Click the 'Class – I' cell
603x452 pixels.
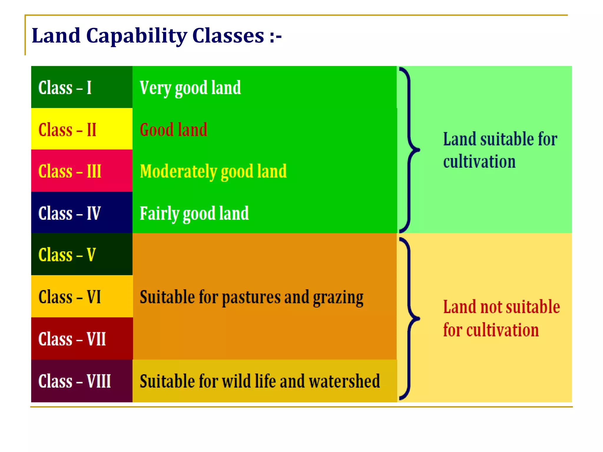tap(82, 87)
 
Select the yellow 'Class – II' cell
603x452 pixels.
tap(82, 129)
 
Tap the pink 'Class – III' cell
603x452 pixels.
tap(82, 171)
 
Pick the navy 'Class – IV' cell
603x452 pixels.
tap(82, 213)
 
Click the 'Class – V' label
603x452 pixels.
tap(67, 255)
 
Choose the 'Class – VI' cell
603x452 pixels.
tap(82, 297)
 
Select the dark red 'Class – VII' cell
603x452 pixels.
tap(82, 339)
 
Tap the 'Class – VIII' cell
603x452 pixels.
tap(82, 381)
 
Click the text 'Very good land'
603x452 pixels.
tap(190, 88)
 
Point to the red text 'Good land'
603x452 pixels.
tap(173, 129)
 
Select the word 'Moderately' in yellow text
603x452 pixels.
tap(178, 172)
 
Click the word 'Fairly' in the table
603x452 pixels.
tap(159, 213)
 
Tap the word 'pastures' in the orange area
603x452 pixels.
tap(251, 297)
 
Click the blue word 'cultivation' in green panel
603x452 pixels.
tap(479, 162)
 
